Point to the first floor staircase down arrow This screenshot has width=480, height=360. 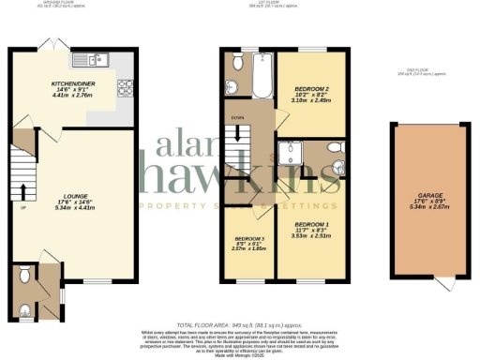(239, 137)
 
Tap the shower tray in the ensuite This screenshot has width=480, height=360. (293, 156)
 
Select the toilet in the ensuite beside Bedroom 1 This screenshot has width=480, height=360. (333, 149)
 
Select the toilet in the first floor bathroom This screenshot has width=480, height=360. (236, 61)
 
